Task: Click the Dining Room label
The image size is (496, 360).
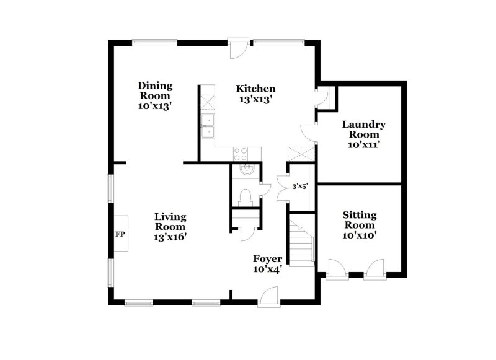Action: click(155, 90)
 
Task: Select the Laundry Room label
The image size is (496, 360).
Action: click(364, 129)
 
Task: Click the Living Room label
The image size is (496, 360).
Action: click(170, 221)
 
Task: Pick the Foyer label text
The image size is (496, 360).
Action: click(268, 258)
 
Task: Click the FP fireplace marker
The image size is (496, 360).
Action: click(120, 235)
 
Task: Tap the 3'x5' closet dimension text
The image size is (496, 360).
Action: click(300, 185)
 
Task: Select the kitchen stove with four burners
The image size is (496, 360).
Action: click(241, 152)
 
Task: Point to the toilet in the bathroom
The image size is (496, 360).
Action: click(246, 197)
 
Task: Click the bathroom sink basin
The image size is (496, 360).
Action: click(246, 170)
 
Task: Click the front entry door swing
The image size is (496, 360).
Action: click(268, 299)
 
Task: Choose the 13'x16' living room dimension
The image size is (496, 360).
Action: click(170, 236)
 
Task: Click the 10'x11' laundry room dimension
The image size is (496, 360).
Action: click(364, 144)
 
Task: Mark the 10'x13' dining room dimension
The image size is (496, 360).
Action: click(155, 106)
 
